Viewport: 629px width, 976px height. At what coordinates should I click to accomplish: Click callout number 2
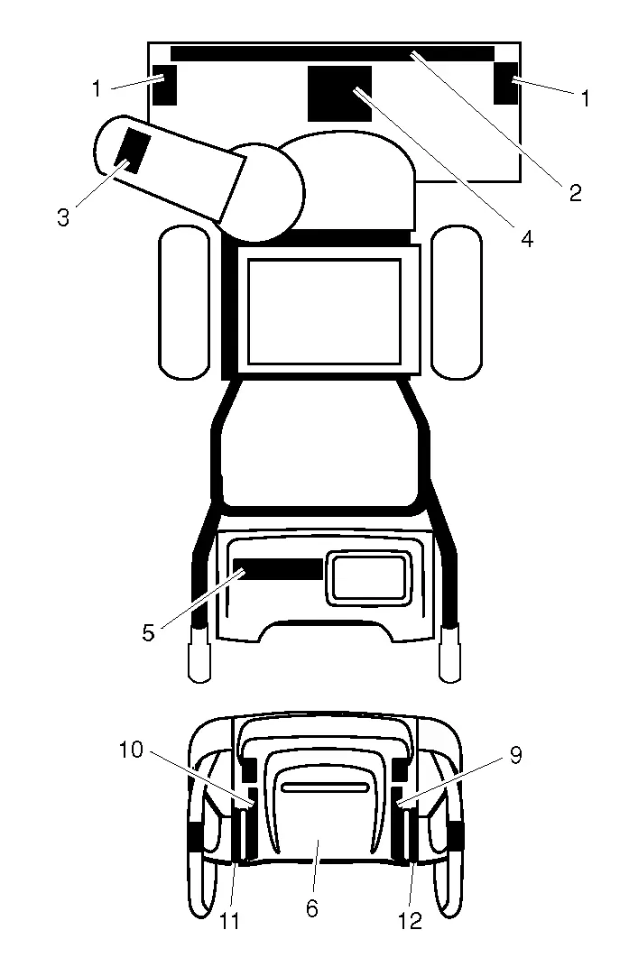tap(575, 193)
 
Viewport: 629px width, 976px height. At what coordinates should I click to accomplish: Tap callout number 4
tap(527, 238)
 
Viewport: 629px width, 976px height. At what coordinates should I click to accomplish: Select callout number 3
tap(63, 218)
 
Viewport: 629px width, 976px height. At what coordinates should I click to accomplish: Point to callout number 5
tap(148, 633)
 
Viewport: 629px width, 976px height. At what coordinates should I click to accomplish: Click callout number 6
tap(312, 908)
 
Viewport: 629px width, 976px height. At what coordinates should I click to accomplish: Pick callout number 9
tap(515, 755)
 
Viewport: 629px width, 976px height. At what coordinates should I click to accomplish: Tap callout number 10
tap(131, 750)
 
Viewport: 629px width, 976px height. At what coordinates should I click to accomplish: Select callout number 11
tap(229, 921)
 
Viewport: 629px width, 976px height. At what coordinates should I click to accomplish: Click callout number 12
tap(411, 921)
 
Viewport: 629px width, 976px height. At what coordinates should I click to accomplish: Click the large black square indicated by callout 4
tap(340, 94)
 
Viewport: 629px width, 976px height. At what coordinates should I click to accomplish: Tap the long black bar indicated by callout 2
tap(333, 53)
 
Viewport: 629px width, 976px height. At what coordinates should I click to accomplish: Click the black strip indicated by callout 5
tap(278, 569)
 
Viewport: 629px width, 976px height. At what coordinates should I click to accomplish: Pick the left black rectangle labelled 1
tap(165, 84)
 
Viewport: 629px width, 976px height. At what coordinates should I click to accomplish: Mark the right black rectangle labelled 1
tap(505, 83)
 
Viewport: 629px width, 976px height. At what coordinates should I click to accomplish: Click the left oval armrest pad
tap(184, 302)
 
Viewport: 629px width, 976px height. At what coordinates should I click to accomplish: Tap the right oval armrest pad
tap(457, 302)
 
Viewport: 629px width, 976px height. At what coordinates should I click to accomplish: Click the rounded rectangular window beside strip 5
tap(369, 578)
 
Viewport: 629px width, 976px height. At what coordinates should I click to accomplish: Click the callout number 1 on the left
tap(97, 89)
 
